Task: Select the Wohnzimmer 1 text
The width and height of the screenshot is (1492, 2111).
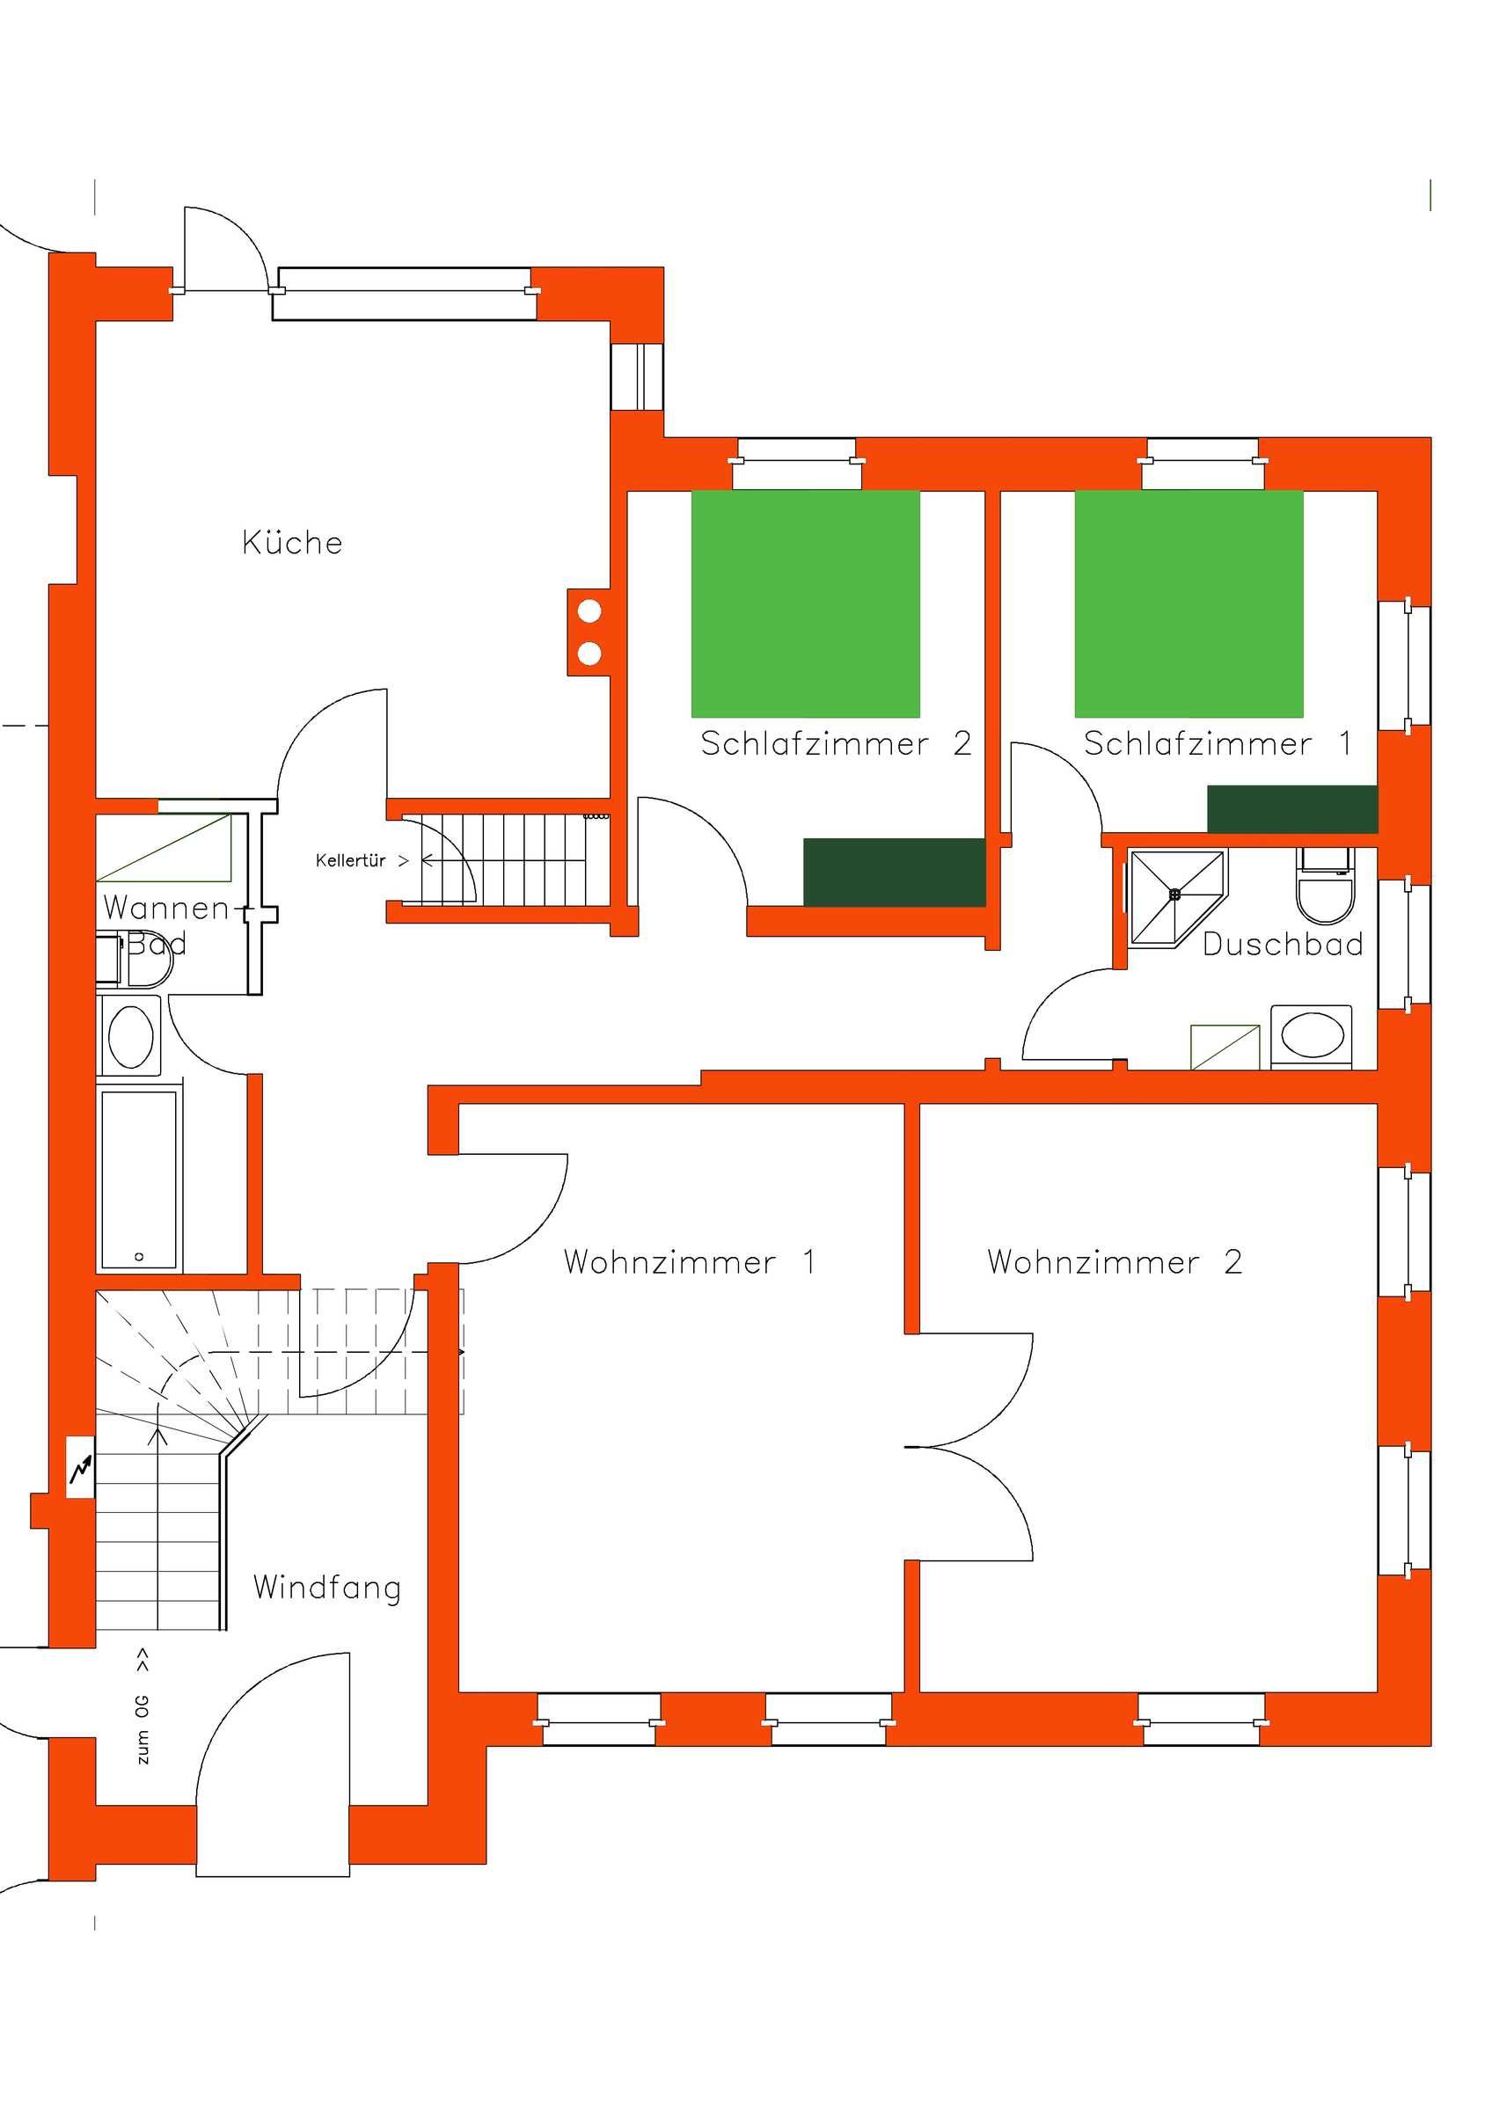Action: coord(690,1261)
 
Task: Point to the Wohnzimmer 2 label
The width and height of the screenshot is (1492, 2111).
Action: coord(1115,1261)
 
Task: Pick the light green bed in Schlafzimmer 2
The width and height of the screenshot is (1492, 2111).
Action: coord(805,603)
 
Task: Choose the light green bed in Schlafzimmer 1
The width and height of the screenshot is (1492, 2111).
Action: coord(1188,603)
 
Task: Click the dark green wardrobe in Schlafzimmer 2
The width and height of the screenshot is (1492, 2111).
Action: coord(895,872)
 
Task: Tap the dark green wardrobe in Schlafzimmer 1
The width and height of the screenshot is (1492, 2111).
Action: coord(1291,809)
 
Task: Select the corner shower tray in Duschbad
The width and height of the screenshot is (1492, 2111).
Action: coord(1177,895)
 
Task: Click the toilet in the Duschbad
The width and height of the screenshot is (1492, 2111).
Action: coord(1326,885)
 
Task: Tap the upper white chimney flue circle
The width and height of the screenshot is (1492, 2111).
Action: coord(589,610)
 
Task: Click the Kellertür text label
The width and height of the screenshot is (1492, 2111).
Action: coord(350,860)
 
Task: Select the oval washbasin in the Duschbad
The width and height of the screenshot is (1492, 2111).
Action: coord(1312,1035)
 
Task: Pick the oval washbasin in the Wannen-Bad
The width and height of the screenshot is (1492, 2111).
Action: coord(130,1036)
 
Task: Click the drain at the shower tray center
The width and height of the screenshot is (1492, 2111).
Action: coord(1174,893)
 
